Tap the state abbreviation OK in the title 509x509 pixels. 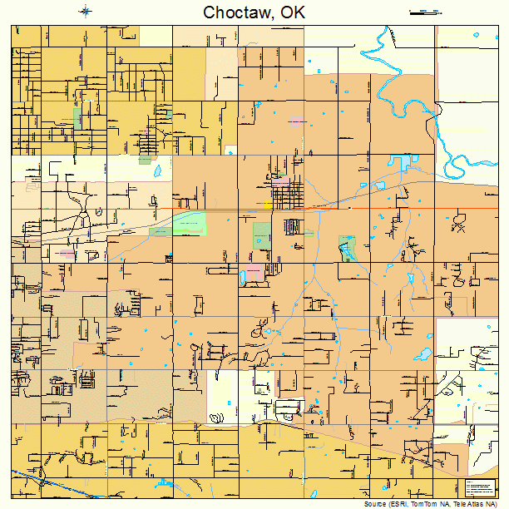coord(293,12)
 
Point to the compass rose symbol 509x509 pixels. coord(86,11)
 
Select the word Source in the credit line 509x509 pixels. coord(375,504)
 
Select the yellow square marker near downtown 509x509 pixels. coord(268,204)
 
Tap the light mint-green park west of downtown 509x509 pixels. coord(188,224)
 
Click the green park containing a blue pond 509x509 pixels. coord(347,247)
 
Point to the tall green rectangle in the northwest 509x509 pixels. coord(77,118)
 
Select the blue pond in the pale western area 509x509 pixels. coord(156,171)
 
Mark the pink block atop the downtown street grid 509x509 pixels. coord(281,180)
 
